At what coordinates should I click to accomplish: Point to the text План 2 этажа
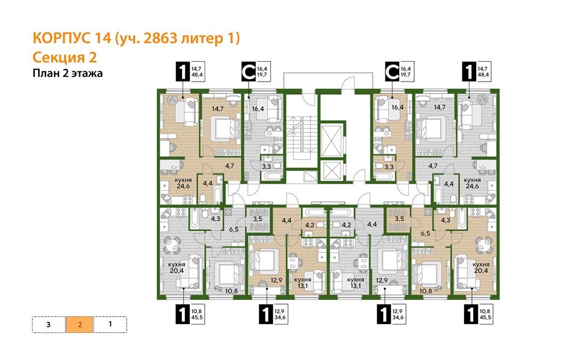67,74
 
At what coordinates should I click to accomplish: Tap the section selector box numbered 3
48,324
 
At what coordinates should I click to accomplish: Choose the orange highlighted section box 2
79,324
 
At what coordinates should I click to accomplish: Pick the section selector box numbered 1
110,324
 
